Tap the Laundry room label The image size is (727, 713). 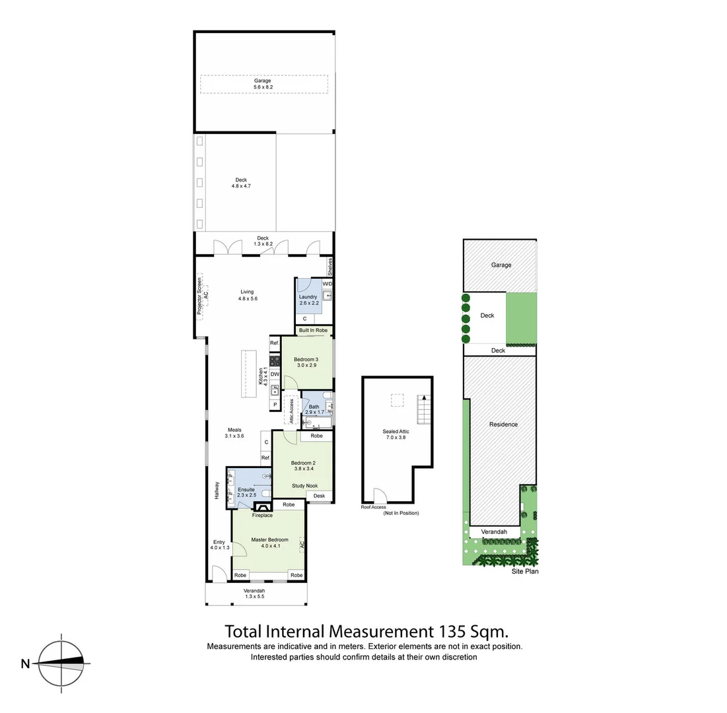coord(308,297)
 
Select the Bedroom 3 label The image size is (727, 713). coord(307,360)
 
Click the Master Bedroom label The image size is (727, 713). coord(269,540)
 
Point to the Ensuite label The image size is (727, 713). coord(246,489)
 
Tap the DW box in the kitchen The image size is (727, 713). coord(275,375)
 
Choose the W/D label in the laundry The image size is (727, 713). coord(328,284)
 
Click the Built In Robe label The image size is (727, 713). coord(313,330)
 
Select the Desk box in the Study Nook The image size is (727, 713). coord(319,496)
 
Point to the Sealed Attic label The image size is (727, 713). coord(396,432)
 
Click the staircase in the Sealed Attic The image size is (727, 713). coord(423,410)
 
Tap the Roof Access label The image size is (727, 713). coord(373,507)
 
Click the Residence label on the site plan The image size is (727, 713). coord(503,424)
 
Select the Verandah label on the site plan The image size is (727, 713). coord(493,531)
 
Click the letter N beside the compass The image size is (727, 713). coord(25,663)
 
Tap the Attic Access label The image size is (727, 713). coord(290,411)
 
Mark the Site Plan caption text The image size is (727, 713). coord(525,572)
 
